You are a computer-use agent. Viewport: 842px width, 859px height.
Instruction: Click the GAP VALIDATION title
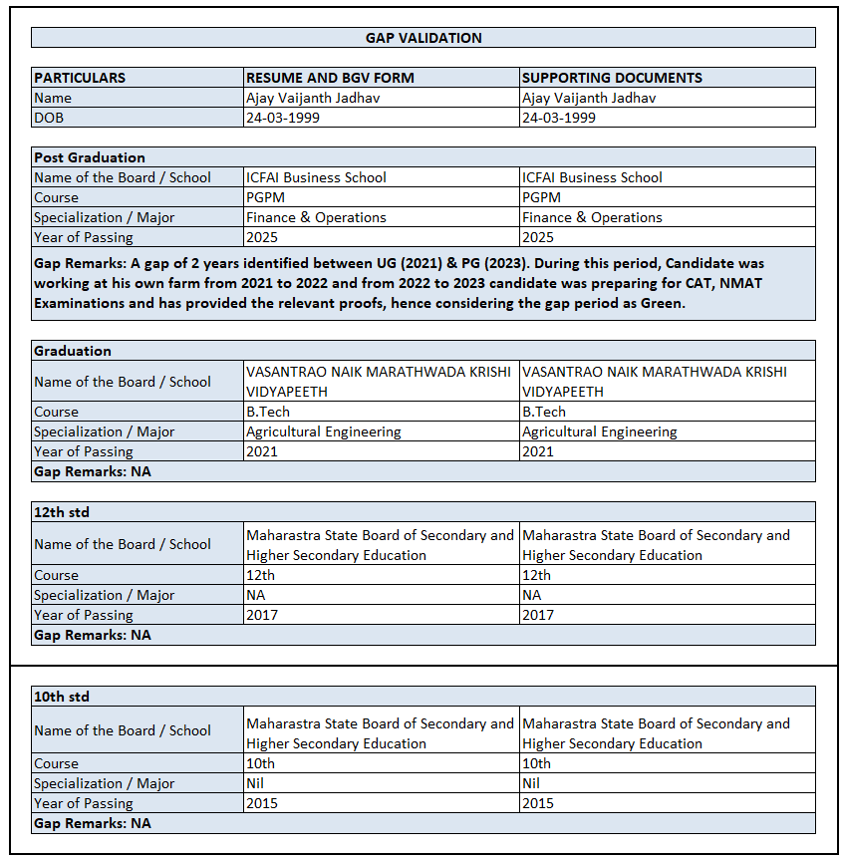[423, 38]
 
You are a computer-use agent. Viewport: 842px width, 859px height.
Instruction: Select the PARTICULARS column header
[80, 78]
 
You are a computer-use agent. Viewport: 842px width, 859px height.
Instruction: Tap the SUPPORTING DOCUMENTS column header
[612, 78]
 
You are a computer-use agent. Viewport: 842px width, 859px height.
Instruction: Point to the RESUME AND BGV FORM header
[330, 78]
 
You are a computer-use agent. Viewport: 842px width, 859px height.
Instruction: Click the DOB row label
[49, 118]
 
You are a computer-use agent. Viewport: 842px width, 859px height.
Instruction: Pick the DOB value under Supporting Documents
[559, 118]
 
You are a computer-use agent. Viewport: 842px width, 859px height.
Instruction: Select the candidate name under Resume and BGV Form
[313, 98]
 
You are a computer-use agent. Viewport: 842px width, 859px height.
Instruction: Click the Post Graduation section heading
[90, 157]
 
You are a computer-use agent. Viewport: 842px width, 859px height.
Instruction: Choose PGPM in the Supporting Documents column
[542, 197]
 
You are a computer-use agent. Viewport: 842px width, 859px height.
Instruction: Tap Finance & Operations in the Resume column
[316, 217]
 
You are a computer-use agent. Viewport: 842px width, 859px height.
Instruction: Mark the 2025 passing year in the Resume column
[262, 237]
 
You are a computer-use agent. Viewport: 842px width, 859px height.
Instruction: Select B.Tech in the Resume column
[267, 412]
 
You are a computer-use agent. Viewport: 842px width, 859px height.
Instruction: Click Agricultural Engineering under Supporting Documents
[600, 431]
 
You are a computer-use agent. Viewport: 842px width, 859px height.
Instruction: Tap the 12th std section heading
[62, 512]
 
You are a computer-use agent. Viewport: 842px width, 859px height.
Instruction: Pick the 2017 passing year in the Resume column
[262, 615]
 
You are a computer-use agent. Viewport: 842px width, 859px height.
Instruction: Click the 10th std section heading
[62, 697]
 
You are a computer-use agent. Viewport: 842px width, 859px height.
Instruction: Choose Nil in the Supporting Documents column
[533, 783]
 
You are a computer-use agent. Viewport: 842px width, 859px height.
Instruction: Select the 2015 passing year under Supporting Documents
[538, 803]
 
